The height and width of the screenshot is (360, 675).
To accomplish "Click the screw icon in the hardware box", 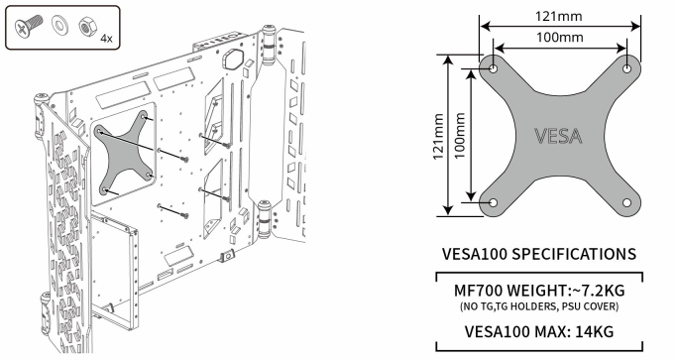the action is (29, 25).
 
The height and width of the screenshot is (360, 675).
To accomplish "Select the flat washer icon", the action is (59, 24).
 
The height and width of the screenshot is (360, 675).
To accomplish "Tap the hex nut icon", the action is (88, 27).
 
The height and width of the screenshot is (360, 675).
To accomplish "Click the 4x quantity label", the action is (106, 39).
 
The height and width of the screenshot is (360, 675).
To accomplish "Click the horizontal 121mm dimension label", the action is (559, 16).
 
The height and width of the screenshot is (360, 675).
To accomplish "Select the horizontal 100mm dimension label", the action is (560, 37).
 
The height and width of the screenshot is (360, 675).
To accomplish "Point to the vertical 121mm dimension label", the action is (438, 136).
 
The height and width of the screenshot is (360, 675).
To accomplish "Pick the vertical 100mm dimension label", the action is (459, 136).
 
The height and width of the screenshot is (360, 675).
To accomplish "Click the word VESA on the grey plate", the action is (558, 136).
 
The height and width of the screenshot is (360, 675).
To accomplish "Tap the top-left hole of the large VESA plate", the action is (494, 68).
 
